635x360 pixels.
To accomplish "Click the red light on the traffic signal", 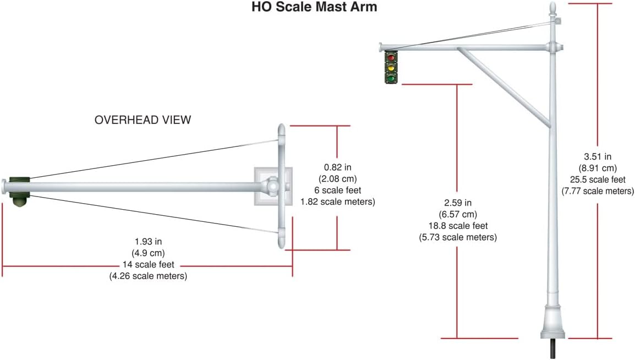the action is tap(391, 58).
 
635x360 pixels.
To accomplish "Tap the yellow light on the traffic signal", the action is tap(391, 68).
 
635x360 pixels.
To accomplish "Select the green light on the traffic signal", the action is tap(391, 78).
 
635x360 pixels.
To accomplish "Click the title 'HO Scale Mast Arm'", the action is tap(314, 7).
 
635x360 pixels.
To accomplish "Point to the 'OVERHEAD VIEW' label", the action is tap(143, 120).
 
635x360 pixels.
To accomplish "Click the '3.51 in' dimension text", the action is tap(598, 157).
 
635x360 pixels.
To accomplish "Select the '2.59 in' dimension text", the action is tap(458, 203).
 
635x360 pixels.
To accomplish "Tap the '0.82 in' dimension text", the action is tap(338, 167).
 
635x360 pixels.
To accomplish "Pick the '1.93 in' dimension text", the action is tap(148, 242).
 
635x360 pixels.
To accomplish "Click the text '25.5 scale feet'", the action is tap(598, 179).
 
